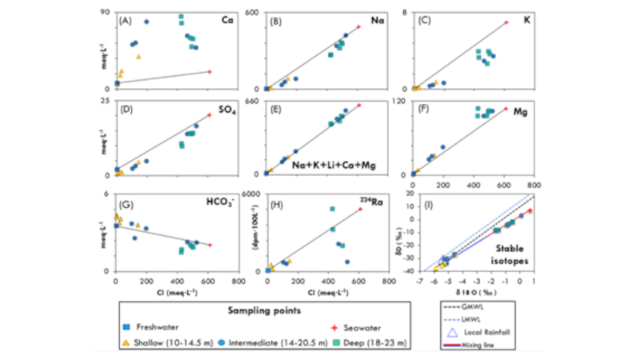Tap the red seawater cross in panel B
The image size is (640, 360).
[x=359, y=26]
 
